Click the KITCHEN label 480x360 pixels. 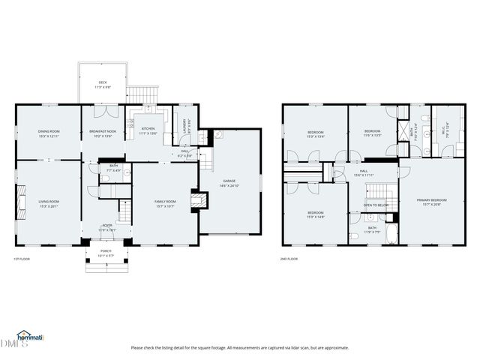[148, 130]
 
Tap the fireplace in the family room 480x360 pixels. [196, 200]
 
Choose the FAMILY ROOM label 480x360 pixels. [165, 202]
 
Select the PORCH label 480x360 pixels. [106, 253]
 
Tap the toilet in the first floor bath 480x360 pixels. [127, 172]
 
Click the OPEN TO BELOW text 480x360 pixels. [376, 205]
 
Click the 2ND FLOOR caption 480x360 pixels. [289, 259]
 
